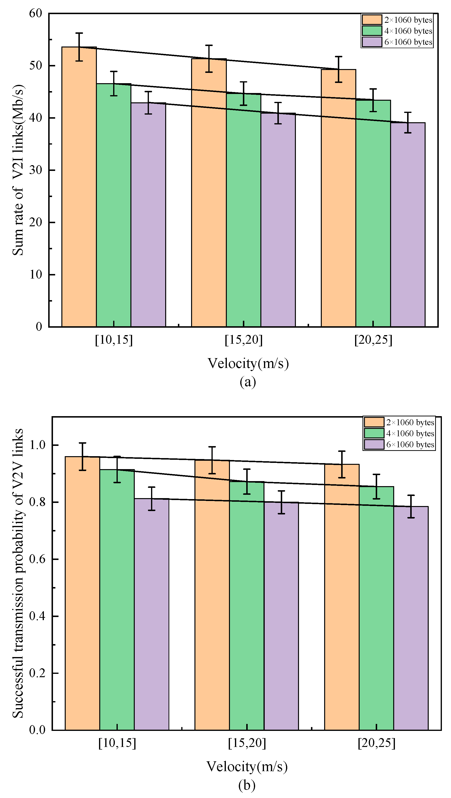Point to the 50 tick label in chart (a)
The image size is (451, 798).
pyautogui.click(x=36, y=66)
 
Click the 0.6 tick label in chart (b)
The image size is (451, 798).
pyautogui.click(x=37, y=559)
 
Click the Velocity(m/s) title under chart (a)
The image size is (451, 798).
pyautogui.click(x=248, y=363)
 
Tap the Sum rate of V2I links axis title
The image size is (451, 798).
pyautogui.click(x=18, y=170)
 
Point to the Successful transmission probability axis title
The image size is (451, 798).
pyautogui.click(x=18, y=573)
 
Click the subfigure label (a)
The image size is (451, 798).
pyautogui.click(x=248, y=382)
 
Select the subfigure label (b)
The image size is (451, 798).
pyautogui.click(x=247, y=785)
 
